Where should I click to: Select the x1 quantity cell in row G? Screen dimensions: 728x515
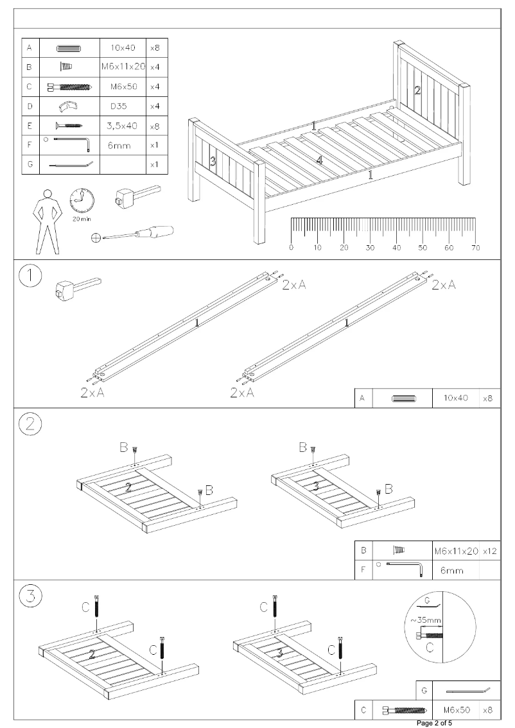click(x=154, y=164)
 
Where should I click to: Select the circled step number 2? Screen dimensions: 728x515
click(x=30, y=424)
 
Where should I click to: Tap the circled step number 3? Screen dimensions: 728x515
click(x=30, y=597)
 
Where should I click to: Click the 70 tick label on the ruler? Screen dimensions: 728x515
click(x=475, y=247)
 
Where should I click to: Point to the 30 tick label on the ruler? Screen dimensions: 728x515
click(x=370, y=247)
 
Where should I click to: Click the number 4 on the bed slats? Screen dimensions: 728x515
click(x=319, y=160)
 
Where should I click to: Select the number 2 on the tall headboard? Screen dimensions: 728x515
click(x=417, y=91)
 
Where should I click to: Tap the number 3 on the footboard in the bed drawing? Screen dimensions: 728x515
click(x=213, y=162)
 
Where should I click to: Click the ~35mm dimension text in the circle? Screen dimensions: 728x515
click(x=425, y=620)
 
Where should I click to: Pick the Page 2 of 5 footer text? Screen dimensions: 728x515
click(x=435, y=724)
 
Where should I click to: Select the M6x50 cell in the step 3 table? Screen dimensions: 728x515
click(x=457, y=711)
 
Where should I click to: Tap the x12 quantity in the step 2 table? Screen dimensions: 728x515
click(x=490, y=551)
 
